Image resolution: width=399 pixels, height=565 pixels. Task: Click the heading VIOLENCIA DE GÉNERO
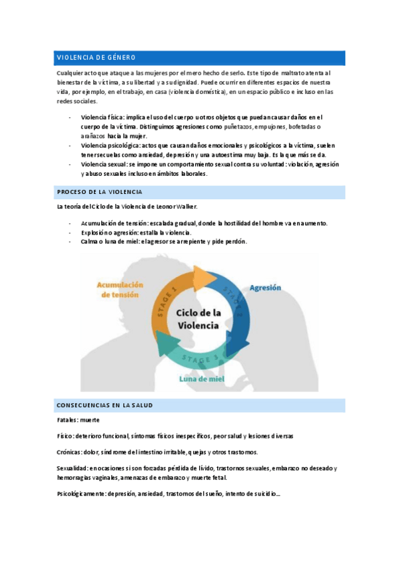point(96,57)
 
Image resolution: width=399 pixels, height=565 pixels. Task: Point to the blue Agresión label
point(265,288)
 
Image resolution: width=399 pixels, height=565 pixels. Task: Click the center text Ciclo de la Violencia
point(198,318)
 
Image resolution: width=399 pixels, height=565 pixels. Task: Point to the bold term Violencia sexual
point(104,164)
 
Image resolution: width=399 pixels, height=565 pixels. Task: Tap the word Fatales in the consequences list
point(67,420)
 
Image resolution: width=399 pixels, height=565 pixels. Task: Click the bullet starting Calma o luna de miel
point(163,242)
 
